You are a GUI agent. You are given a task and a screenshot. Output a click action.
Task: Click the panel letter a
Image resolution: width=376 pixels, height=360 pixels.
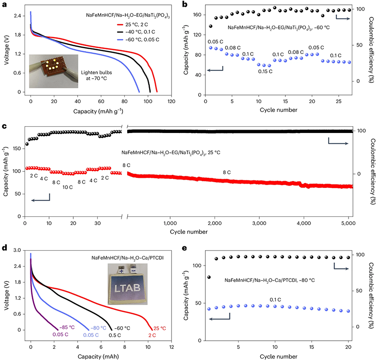[x=4, y=4]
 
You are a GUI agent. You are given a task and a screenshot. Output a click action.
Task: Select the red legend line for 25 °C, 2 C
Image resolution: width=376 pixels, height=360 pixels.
[x=120, y=25]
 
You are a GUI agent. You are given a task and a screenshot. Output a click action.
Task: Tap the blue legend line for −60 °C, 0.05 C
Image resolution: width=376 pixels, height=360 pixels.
[x=120, y=40]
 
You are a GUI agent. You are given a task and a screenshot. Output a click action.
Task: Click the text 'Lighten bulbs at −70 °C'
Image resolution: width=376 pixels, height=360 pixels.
[x=96, y=75]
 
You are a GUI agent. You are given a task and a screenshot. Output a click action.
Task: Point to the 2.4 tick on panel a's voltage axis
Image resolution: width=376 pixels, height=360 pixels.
[x=17, y=16]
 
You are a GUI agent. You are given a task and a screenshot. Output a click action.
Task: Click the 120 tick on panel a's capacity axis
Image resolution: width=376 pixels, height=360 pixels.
[x=171, y=101]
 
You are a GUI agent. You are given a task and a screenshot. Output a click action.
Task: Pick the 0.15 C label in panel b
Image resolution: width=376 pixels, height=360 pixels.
[x=265, y=71]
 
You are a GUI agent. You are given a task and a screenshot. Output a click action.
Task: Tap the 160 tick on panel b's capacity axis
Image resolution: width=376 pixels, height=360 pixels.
[x=197, y=15]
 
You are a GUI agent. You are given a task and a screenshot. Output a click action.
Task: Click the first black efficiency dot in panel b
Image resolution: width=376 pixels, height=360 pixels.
[x=211, y=27]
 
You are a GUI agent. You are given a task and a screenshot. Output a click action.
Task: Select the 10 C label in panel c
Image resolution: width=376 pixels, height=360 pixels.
[x=67, y=187]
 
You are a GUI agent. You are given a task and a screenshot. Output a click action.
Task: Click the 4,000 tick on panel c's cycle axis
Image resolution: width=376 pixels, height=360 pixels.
[x=304, y=224]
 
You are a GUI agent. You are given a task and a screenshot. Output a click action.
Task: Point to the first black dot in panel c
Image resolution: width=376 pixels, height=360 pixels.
[x=27, y=144]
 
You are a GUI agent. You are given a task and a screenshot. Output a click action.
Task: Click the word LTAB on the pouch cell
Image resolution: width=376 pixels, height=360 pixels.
[x=127, y=288]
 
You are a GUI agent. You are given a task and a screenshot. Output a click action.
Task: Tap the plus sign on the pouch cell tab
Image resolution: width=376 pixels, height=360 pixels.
[x=121, y=271]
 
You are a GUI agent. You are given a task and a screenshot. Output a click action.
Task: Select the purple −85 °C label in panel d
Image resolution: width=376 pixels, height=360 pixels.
[x=67, y=327]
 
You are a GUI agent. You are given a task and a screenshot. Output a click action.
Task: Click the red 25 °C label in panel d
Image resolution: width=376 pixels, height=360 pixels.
[x=160, y=328]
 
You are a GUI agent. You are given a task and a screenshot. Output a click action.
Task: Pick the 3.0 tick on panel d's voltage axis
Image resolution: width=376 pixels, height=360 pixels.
[x=17, y=250]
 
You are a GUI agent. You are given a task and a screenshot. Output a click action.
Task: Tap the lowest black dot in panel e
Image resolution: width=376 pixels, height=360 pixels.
[x=209, y=277]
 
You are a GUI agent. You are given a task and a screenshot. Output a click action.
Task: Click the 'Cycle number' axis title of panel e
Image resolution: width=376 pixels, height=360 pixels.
[x=279, y=357]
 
